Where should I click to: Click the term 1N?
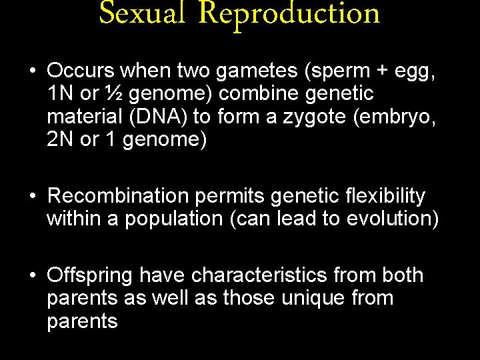click(60, 94)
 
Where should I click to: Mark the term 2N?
click(60, 139)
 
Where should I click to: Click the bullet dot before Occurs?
click(32, 71)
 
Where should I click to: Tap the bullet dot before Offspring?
click(32, 275)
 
